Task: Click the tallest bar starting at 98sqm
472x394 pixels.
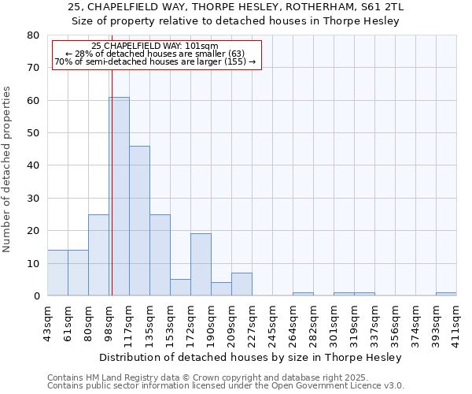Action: pyautogui.click(x=119, y=196)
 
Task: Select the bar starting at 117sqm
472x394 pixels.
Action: pyautogui.click(x=139, y=221)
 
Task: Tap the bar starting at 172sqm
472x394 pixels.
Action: pyautogui.click(x=201, y=265)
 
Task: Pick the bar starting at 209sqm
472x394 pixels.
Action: pyautogui.click(x=242, y=284)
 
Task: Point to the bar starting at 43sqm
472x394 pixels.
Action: pyautogui.click(x=57, y=273)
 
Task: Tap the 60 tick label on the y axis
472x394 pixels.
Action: pyautogui.click(x=33, y=101)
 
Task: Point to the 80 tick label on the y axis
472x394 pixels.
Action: pyautogui.click(x=33, y=35)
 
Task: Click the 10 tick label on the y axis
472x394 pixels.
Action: pyautogui.click(x=33, y=264)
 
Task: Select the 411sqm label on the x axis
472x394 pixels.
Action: pyautogui.click(x=456, y=322)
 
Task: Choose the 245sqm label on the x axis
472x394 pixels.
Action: pyautogui.click(x=272, y=322)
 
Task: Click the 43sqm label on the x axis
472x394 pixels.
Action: pyautogui.click(x=47, y=321)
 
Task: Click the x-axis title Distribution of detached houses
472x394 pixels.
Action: pyautogui.click(x=252, y=357)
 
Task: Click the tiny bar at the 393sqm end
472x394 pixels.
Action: pyautogui.click(x=446, y=294)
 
